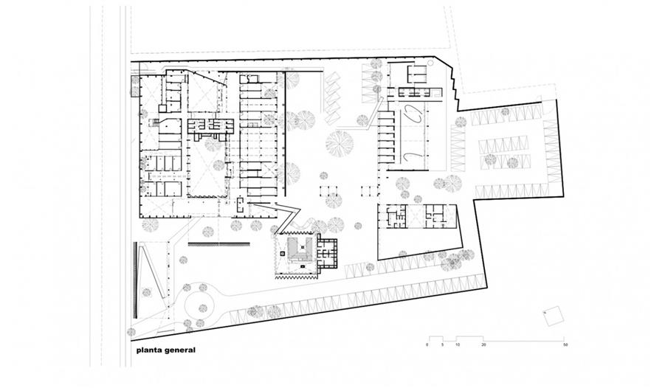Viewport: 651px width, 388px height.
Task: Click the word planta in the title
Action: pyautogui.click(x=149, y=350)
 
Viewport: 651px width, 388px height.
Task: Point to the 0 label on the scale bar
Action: pyautogui.click(x=427, y=344)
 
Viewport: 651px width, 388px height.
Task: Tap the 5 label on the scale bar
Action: pyautogui.click(x=443, y=344)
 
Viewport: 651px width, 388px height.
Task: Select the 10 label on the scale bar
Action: pyautogui.click(x=457, y=344)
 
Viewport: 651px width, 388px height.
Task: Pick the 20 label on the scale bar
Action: pyautogui.click(x=483, y=344)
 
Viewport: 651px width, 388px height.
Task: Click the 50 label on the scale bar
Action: pyautogui.click(x=565, y=344)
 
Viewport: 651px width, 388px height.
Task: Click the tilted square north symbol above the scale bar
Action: pyautogui.click(x=554, y=316)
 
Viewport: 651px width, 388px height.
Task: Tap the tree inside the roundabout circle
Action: pyautogui.click(x=202, y=308)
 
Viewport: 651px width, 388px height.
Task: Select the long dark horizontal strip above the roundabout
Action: pyautogui.click(x=218, y=244)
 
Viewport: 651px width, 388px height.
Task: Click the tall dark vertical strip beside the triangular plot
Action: pyautogui.click(x=134, y=280)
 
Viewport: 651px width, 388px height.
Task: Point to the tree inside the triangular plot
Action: pyautogui.click(x=146, y=293)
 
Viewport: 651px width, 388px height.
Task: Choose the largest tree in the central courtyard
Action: pyautogui.click(x=340, y=144)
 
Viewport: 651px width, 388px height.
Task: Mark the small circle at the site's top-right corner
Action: pyautogui.click(x=430, y=63)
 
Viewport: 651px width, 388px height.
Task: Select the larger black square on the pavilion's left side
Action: pyautogui.click(x=282, y=253)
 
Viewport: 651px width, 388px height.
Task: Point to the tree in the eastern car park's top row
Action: pyautogui.click(x=505, y=111)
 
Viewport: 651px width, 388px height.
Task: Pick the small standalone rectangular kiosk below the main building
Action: pyautogui.click(x=241, y=206)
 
